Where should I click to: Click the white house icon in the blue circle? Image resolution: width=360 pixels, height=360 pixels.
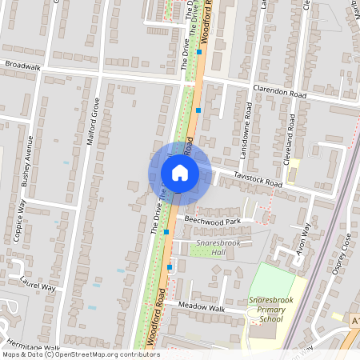point(179,172)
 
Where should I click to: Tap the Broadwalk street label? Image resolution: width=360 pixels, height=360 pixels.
point(22,67)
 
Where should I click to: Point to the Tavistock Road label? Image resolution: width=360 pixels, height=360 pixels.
point(258,179)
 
